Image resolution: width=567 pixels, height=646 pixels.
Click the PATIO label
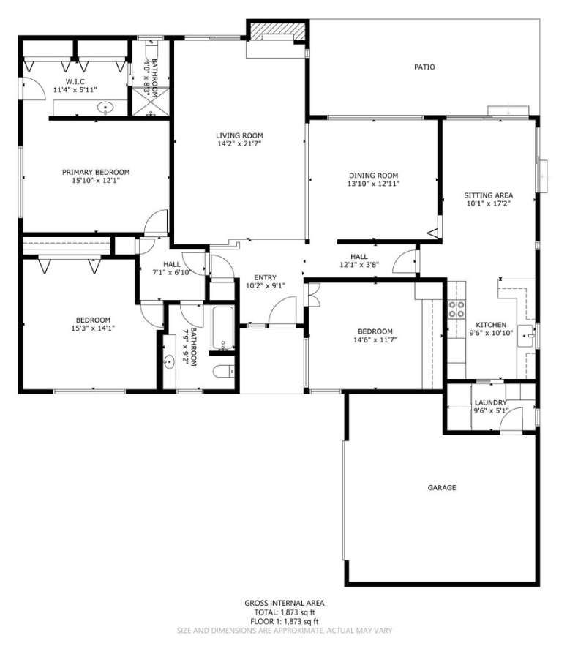pos(424,67)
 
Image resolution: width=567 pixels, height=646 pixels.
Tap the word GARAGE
pos(442,487)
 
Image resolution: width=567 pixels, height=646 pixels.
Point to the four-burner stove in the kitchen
pos(457,309)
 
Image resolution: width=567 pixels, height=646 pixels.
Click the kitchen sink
pos(527,335)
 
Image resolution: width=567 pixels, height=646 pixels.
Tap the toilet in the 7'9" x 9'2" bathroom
pos(225,372)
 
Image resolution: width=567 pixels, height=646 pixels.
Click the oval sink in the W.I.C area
pos(106,108)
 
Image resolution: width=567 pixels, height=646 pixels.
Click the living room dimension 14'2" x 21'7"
pos(239,144)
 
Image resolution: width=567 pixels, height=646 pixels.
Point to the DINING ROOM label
pos(373,175)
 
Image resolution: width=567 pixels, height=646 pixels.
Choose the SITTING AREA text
pos(488,195)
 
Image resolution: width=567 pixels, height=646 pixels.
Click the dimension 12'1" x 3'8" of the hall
pos(358,265)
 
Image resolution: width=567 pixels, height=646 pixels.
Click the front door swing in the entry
pos(282,313)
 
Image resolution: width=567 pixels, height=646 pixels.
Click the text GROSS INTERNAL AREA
pos(285,604)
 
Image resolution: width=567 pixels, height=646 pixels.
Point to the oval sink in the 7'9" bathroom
pos(170,360)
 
